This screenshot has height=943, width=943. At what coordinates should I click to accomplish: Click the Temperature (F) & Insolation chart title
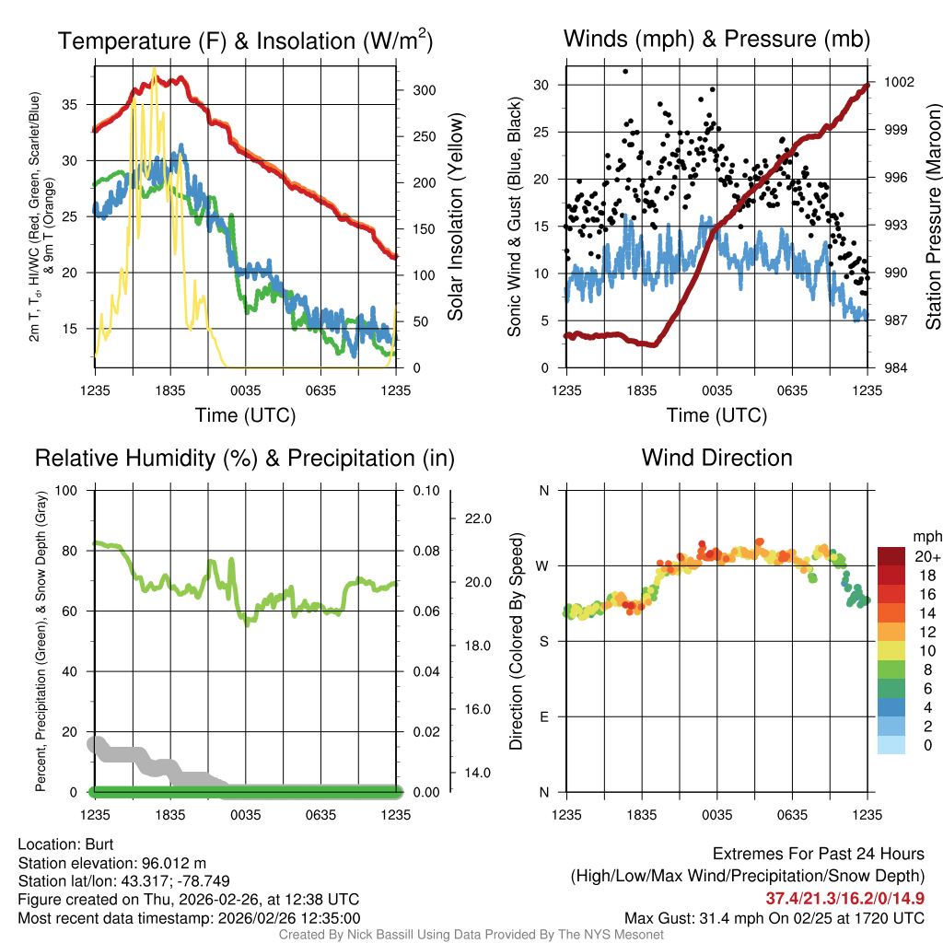point(245,41)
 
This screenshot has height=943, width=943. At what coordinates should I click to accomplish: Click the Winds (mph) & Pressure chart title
point(716,39)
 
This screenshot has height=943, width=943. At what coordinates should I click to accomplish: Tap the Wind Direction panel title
point(716,458)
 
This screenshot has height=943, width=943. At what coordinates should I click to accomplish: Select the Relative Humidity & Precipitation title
point(244,458)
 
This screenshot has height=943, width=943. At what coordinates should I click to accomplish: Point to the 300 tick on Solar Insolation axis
point(424,90)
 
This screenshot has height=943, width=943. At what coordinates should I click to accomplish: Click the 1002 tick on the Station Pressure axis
point(898,82)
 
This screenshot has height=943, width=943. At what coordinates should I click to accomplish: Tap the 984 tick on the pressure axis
point(894,368)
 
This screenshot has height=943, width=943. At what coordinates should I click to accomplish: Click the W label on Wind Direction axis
point(543,565)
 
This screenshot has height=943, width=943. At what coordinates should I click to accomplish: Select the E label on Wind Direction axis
point(544,716)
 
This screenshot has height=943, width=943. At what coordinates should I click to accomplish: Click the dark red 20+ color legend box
point(891,556)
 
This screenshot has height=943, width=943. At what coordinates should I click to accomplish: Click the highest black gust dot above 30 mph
point(625,71)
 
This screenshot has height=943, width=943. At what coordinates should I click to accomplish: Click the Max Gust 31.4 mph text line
point(774,917)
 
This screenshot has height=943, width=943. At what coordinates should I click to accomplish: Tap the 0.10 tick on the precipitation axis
point(426,490)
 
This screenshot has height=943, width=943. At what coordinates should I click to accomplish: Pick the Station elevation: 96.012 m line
point(111,862)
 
